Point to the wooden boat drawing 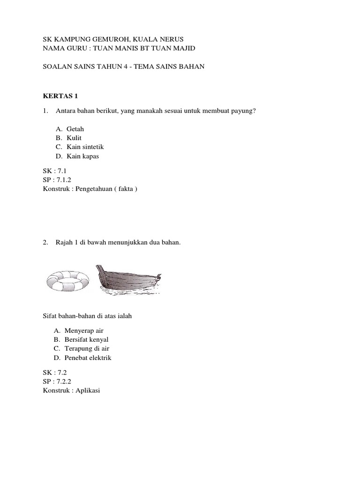[128, 281]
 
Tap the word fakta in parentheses [124, 189]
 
